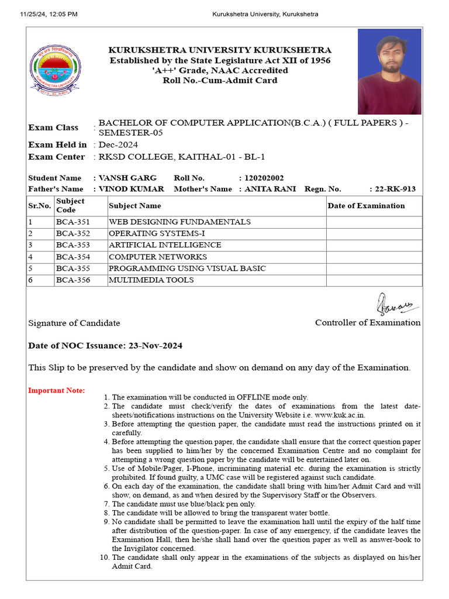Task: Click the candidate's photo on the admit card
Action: (389, 71)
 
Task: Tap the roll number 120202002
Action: (265, 178)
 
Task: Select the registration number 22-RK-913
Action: (396, 189)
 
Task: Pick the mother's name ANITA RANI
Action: (270, 189)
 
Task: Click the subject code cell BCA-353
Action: (73, 245)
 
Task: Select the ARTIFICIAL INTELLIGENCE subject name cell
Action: (165, 245)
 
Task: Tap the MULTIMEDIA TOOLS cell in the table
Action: (151, 280)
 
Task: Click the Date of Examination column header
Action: (366, 206)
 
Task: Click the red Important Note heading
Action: (57, 391)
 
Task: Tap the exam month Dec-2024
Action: (119, 144)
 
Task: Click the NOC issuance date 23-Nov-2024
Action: (154, 346)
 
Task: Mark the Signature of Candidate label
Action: (74, 323)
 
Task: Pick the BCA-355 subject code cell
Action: (73, 268)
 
